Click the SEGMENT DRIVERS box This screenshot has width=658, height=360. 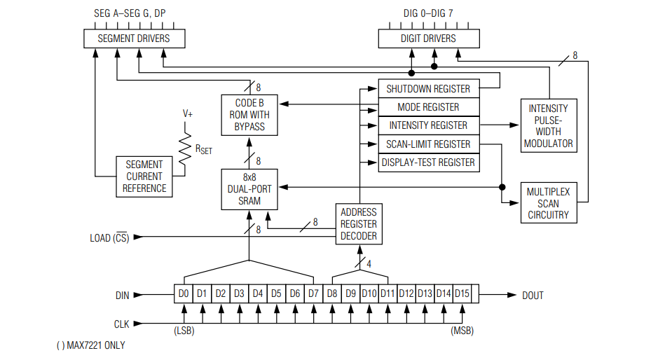[x=135, y=39]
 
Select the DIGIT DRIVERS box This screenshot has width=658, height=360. [x=427, y=39]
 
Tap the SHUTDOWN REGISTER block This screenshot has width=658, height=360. [x=428, y=89]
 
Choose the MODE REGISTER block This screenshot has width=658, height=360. [x=428, y=107]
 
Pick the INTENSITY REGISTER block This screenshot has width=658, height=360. [x=428, y=125]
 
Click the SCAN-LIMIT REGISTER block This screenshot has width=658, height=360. [x=428, y=144]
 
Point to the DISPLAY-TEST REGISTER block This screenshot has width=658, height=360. [x=428, y=162]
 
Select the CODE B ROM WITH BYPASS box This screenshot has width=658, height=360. [x=249, y=115]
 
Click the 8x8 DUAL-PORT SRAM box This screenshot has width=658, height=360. [x=249, y=189]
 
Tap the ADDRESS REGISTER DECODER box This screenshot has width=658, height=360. [x=358, y=224]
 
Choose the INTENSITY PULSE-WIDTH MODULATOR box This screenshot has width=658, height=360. [x=549, y=125]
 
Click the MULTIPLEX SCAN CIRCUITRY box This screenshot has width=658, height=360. [x=549, y=202]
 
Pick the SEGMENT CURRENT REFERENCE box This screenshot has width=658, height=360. [x=144, y=176]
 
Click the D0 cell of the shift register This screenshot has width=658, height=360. [x=184, y=294]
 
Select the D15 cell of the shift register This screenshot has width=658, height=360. [x=462, y=294]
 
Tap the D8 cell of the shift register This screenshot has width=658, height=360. [x=332, y=294]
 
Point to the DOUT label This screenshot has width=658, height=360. [x=533, y=296]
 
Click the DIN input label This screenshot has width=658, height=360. [x=123, y=296]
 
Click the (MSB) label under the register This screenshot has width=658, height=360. [x=462, y=331]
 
